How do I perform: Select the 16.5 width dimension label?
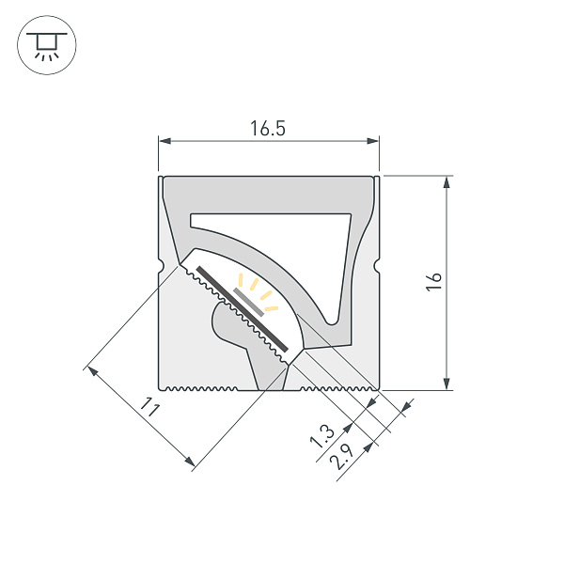point(268,130)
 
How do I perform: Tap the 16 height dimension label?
point(433,282)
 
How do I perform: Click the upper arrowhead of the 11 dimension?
point(91,369)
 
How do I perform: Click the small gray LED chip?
point(247,301)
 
